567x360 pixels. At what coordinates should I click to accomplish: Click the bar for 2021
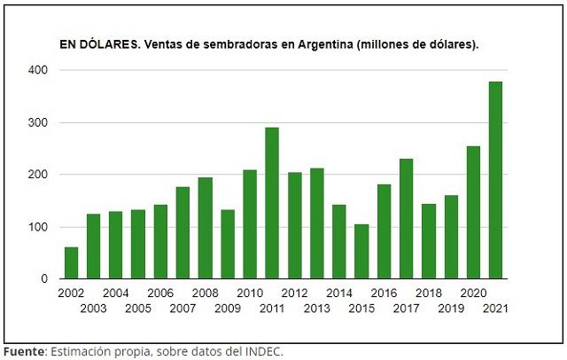496,181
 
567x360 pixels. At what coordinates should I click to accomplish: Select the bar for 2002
72,263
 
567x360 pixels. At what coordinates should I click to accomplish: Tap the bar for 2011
272,204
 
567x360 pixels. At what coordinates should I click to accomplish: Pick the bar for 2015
361,252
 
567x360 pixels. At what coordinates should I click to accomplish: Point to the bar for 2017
407,219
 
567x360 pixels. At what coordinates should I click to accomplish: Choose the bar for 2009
228,245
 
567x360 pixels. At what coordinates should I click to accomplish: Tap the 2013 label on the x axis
317,308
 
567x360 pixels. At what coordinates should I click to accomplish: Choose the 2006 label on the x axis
160,293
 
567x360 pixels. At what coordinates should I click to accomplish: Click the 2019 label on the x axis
451,308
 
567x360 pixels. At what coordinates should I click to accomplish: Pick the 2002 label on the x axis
72,293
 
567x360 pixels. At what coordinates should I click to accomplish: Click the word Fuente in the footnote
24,351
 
